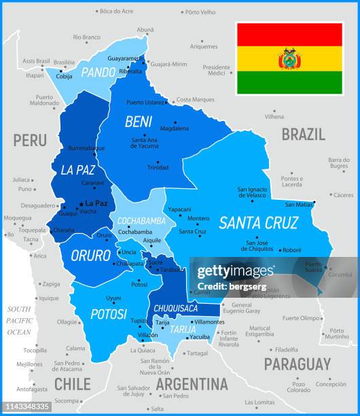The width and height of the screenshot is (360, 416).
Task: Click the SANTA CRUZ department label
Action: pyautogui.click(x=258, y=222)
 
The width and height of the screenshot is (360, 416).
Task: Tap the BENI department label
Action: pyautogui.click(x=139, y=122)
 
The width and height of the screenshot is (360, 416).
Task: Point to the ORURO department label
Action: pyautogui.click(x=90, y=256)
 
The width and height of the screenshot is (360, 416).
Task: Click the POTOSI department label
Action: pyautogui.click(x=109, y=314)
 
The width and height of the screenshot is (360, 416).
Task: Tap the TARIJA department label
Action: pyautogui.click(x=183, y=330)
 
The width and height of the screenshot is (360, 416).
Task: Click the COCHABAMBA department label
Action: pyautogui.click(x=141, y=221)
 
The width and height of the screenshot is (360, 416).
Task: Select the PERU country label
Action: pyautogui.click(x=30, y=141)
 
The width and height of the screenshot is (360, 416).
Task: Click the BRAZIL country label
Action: pyautogui.click(x=303, y=134)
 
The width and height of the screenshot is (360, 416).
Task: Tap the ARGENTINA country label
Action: pyautogui.click(x=192, y=383)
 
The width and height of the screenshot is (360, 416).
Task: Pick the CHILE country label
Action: pyautogui.click(x=72, y=383)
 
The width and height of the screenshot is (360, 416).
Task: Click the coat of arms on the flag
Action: pyautogui.click(x=289, y=58)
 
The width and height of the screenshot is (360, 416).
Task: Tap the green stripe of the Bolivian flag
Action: pyautogui.click(x=289, y=82)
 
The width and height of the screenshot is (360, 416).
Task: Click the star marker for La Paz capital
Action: pyautogui.click(x=81, y=203)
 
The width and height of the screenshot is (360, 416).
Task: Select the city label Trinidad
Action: pyautogui.click(x=158, y=167)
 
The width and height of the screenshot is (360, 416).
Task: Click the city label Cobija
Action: pyautogui.click(x=64, y=77)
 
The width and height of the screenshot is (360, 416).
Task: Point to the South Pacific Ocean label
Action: pyautogui.click(x=19, y=320)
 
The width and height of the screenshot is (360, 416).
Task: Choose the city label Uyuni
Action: pyautogui.click(x=113, y=298)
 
